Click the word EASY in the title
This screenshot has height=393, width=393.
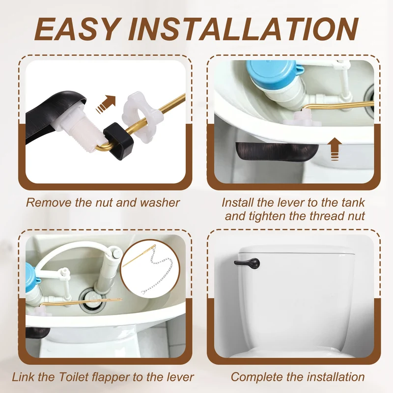(x=77, y=29)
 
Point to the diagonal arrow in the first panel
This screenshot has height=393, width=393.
(x=106, y=105)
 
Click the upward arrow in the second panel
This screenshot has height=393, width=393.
(x=335, y=149)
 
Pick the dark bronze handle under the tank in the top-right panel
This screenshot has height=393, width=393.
(x=277, y=152)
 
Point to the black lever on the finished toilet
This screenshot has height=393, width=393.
(x=247, y=263)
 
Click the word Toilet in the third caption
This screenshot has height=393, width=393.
(x=74, y=377)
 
